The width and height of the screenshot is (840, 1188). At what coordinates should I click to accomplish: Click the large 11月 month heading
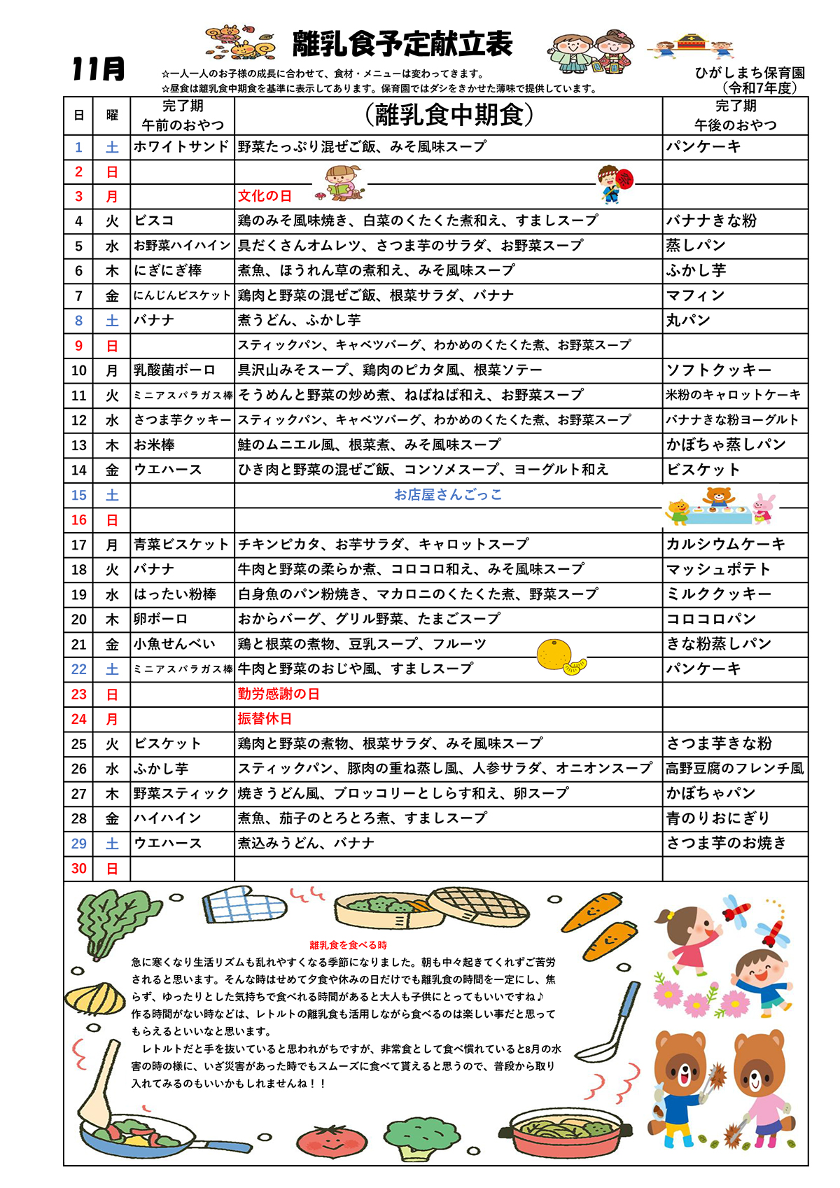pyautogui.click(x=98, y=69)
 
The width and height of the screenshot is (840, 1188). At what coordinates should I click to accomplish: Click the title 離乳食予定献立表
pyautogui.click(x=402, y=44)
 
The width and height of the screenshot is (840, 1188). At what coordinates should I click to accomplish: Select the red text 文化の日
pyautogui.click(x=265, y=196)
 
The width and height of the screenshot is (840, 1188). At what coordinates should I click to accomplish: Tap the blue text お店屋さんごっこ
pyautogui.click(x=448, y=495)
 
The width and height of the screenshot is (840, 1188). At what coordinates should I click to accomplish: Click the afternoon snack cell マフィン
pyautogui.click(x=695, y=295)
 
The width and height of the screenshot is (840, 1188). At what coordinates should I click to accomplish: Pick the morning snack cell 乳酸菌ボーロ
pyautogui.click(x=174, y=370)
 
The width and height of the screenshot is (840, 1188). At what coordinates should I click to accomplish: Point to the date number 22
pyautogui.click(x=79, y=669)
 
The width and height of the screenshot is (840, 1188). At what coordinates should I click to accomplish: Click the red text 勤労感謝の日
pyautogui.click(x=279, y=694)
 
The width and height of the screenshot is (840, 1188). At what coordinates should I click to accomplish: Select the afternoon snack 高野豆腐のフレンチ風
pyautogui.click(x=735, y=769)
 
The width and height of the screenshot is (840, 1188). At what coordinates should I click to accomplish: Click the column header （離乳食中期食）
pyautogui.click(x=449, y=115)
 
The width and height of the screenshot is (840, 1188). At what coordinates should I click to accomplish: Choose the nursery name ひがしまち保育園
pyautogui.click(x=750, y=73)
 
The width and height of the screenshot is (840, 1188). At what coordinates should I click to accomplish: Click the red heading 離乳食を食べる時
pyautogui.click(x=348, y=945)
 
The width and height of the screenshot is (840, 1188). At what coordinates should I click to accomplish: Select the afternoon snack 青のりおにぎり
pyautogui.click(x=717, y=818)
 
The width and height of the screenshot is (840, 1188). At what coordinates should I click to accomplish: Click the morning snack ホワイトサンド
pyautogui.click(x=181, y=147)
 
